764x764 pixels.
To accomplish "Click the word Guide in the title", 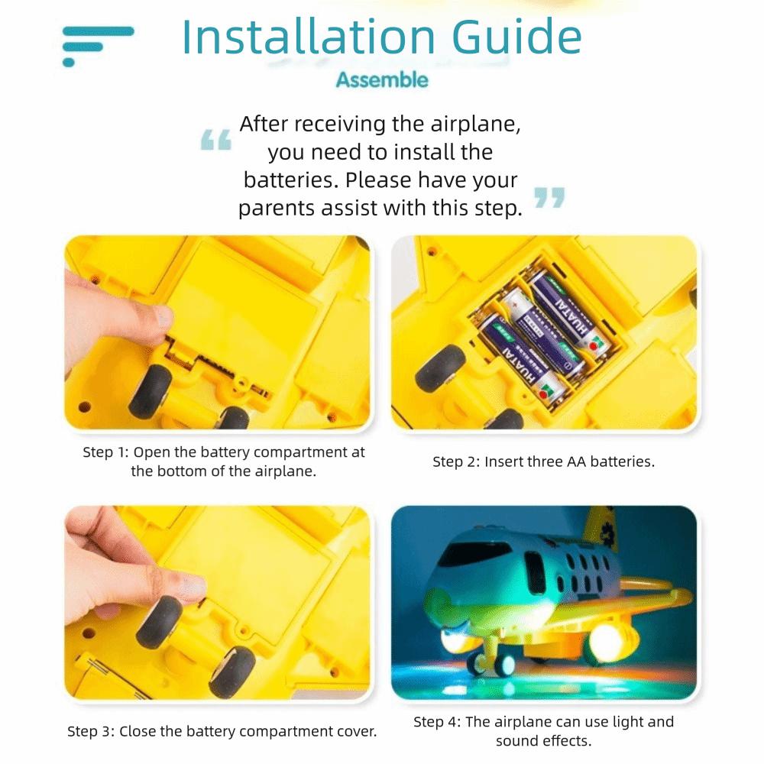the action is (516, 37).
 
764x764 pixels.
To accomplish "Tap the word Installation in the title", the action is (309, 37).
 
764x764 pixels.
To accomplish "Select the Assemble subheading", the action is (382, 80).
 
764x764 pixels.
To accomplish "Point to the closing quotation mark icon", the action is (549, 198).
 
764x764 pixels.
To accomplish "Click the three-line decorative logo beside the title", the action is (98, 46).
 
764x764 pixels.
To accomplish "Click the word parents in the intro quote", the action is (277, 209).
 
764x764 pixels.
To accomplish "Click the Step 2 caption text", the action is (544, 461).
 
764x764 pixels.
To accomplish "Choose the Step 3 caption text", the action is (222, 731).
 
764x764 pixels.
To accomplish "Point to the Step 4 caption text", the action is (544, 731).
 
